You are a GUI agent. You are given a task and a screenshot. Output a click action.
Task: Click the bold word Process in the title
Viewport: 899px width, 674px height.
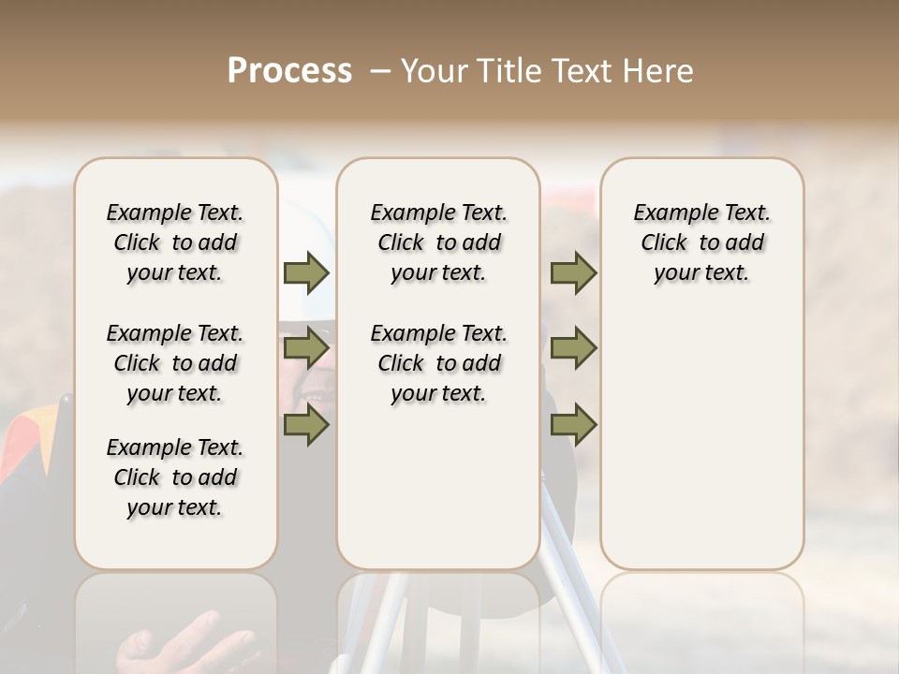point(289,71)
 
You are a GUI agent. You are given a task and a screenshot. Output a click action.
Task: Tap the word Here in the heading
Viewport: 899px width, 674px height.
point(661,71)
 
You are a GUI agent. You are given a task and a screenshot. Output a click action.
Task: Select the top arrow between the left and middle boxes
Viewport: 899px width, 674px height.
point(306,273)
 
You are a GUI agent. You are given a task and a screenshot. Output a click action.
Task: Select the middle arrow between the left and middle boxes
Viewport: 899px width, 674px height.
point(306,349)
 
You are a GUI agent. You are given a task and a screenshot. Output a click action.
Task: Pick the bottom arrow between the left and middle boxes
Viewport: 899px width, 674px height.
point(306,426)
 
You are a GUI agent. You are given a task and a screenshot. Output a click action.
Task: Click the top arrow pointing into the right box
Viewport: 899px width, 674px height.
point(573,273)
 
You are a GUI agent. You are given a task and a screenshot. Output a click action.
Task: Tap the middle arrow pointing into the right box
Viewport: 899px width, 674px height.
point(573,349)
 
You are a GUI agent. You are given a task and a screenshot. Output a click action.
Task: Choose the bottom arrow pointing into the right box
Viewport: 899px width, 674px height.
point(573,426)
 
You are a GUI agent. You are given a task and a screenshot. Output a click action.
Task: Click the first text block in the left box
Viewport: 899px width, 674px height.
point(175,242)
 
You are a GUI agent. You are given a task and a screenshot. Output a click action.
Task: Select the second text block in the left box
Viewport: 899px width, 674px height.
point(175,363)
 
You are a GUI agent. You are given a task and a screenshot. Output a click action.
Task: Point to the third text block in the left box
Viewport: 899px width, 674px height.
point(175,477)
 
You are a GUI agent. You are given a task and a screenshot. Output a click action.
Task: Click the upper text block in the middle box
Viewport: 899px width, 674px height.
point(438,242)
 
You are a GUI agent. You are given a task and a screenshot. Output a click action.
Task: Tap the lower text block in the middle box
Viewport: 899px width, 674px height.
point(438,363)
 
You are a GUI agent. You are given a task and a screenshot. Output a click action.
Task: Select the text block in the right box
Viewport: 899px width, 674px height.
point(701,242)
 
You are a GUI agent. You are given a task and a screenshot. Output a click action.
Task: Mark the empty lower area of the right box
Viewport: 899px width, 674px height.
point(701,440)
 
